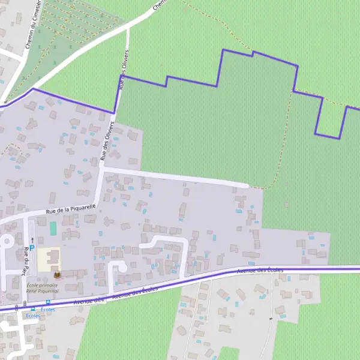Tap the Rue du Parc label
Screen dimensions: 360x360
click(26, 257)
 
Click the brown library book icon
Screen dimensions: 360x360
click(57, 275)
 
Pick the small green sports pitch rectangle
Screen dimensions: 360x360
click(53, 229)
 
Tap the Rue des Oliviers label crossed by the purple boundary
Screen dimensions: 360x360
click(124, 74)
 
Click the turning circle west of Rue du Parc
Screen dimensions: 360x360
click(6, 241)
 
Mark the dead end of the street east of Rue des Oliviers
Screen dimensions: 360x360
click(246, 185)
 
